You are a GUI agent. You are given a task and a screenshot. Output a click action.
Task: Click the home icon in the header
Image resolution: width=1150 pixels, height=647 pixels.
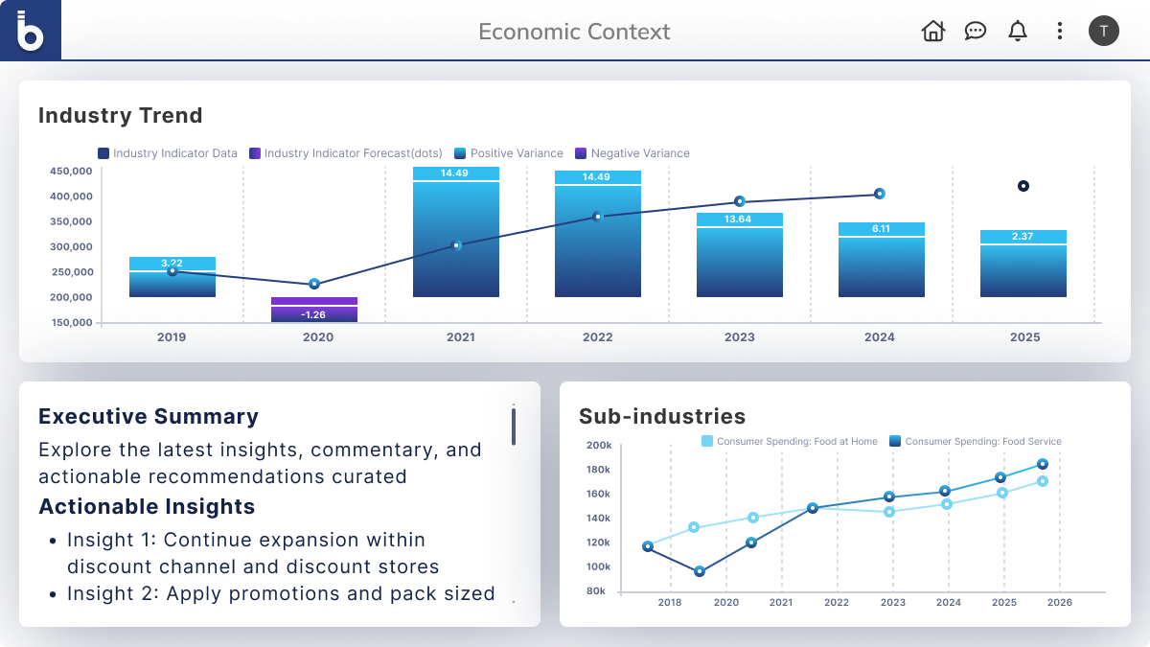click(x=932, y=32)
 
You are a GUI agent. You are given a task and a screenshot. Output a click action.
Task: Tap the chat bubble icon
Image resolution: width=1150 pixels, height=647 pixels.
click(x=976, y=32)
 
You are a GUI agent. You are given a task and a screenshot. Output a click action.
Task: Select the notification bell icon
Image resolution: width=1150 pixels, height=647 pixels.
click(x=1018, y=32)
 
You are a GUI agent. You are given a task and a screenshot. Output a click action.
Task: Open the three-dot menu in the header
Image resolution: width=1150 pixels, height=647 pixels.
click(x=1059, y=32)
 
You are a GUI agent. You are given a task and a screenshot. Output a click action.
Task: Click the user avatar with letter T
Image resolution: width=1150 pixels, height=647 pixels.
click(x=1103, y=31)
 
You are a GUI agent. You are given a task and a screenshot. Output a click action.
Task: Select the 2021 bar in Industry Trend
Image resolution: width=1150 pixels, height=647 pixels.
click(x=456, y=240)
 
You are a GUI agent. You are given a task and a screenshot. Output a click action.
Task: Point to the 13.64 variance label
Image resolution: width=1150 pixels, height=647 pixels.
click(x=739, y=220)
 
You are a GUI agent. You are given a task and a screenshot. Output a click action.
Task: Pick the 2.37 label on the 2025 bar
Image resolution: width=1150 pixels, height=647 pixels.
click(x=1023, y=237)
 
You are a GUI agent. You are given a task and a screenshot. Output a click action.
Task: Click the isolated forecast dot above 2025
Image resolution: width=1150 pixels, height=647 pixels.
click(x=1023, y=186)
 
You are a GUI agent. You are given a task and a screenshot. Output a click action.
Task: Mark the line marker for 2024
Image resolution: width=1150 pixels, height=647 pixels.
click(x=879, y=194)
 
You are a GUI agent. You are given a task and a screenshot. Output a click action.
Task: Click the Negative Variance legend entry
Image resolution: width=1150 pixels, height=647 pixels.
click(x=632, y=153)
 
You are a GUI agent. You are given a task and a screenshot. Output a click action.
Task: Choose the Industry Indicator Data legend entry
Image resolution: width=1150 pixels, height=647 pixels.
click(x=168, y=153)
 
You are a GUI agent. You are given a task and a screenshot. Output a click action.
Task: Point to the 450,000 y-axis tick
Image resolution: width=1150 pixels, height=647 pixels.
click(x=70, y=172)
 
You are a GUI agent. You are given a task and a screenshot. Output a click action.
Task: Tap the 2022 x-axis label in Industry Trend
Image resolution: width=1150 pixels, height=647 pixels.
click(x=597, y=337)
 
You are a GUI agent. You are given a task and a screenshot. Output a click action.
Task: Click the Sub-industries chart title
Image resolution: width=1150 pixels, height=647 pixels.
click(x=662, y=417)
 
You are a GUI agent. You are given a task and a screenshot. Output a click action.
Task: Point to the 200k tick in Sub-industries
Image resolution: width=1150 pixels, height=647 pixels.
click(x=599, y=446)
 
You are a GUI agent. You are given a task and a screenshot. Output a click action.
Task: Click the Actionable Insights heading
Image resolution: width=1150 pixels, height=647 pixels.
click(x=147, y=507)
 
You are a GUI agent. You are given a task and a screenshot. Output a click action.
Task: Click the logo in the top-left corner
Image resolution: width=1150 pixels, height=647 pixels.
click(x=31, y=31)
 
